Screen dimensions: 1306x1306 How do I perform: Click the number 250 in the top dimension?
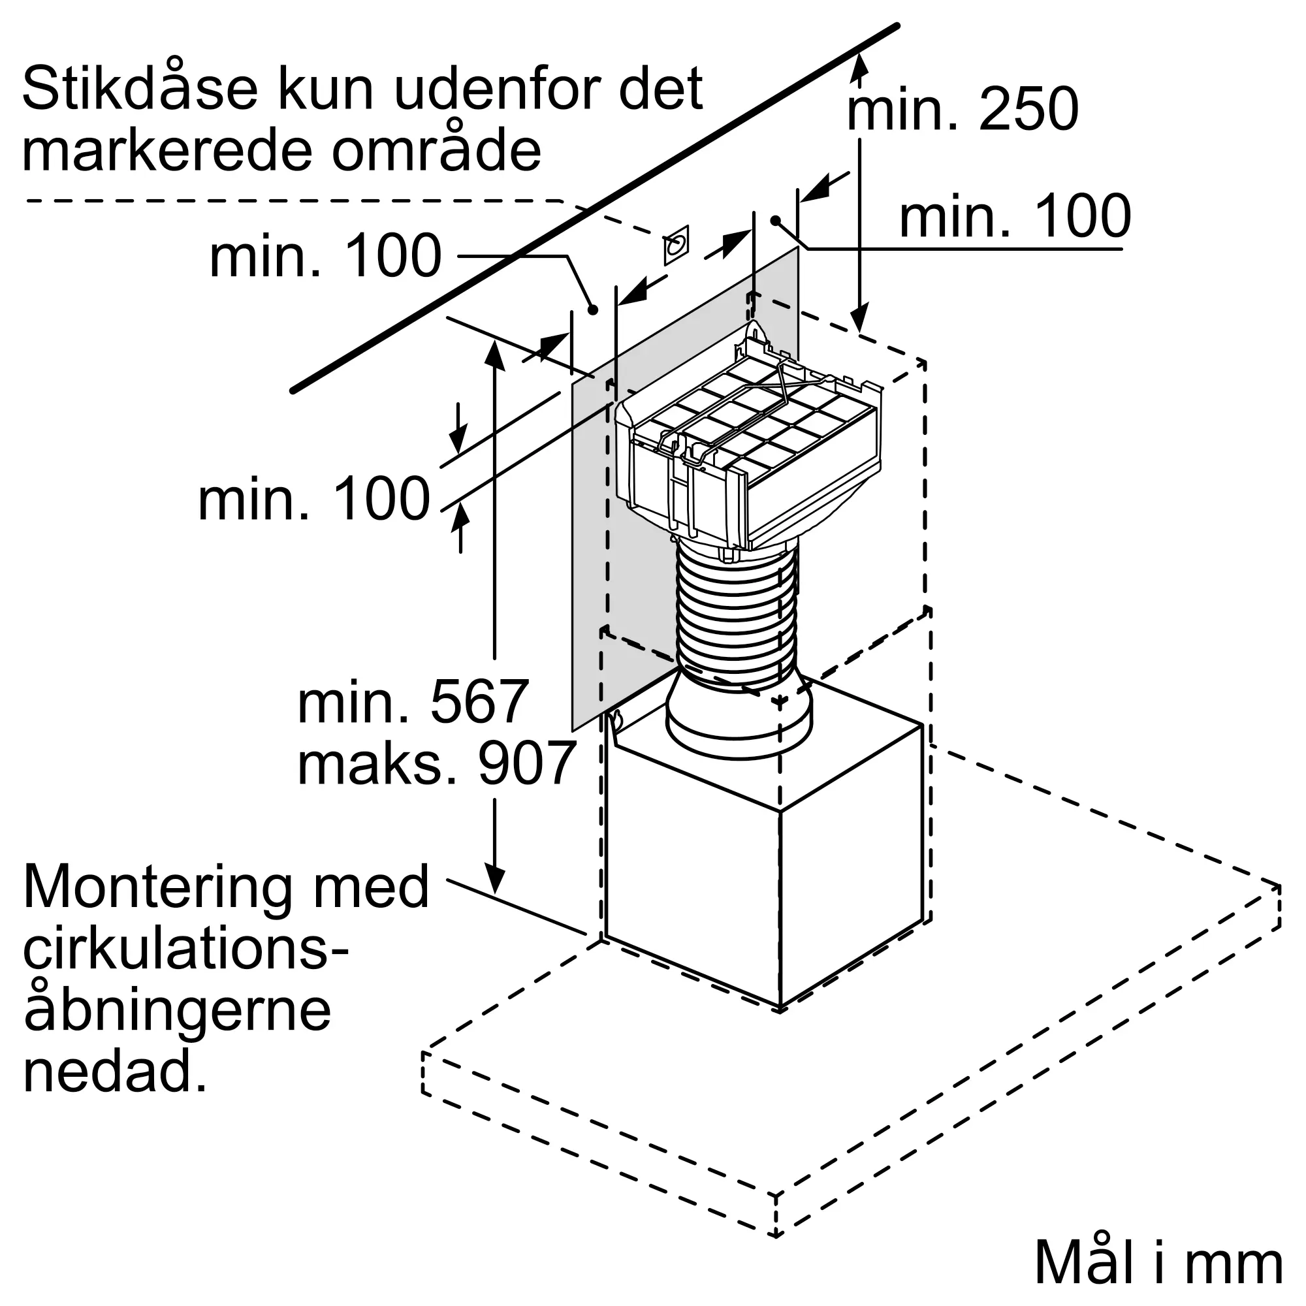[1028, 110]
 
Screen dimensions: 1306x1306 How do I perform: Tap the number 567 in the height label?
[479, 703]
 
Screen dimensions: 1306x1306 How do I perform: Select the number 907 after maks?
[526, 763]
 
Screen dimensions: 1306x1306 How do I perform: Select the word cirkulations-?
[186, 948]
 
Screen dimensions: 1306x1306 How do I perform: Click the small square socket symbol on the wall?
[676, 244]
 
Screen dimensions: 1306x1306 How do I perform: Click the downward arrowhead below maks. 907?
[496, 880]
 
